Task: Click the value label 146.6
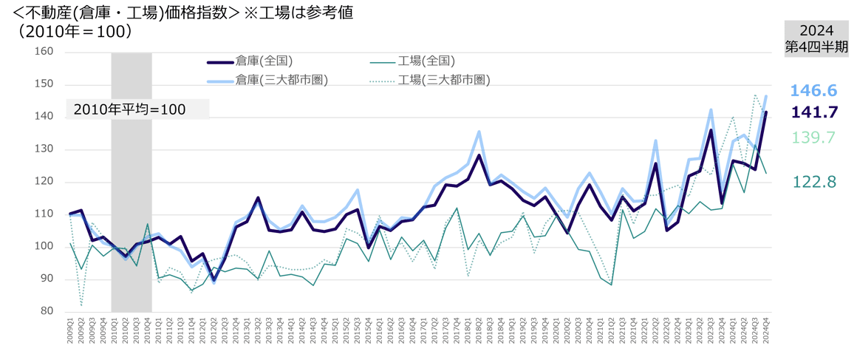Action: pyautogui.click(x=813, y=91)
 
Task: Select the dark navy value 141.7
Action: pyautogui.click(x=813, y=112)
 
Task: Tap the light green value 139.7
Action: pyautogui.click(x=813, y=137)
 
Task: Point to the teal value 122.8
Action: pyautogui.click(x=813, y=182)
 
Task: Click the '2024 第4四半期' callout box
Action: pyautogui.click(x=816, y=38)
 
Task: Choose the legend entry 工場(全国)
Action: pyautogui.click(x=424, y=60)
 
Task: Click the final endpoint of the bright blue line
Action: pyautogui.click(x=766, y=95)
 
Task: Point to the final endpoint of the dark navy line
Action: pyautogui.click(x=766, y=112)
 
